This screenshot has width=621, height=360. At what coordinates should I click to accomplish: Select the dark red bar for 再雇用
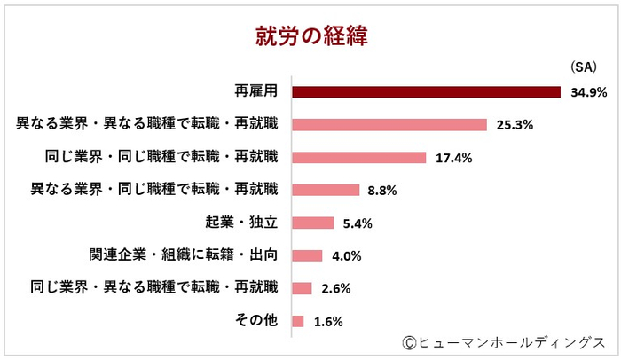pyautogui.click(x=426, y=91)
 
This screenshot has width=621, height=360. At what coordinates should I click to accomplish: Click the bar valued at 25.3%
pyautogui.click(x=389, y=124)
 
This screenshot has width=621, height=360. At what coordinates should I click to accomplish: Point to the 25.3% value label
pyautogui.click(x=514, y=125)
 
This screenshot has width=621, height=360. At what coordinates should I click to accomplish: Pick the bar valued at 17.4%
pyautogui.click(x=358, y=157)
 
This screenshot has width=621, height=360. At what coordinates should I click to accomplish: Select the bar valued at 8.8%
pyautogui.click(x=325, y=190)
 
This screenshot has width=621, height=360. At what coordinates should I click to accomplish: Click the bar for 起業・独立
pyautogui.click(x=312, y=223)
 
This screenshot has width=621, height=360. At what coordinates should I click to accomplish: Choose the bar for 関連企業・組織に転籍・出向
pyautogui.click(x=307, y=255)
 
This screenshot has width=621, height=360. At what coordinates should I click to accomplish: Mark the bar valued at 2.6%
pyautogui.click(x=302, y=288)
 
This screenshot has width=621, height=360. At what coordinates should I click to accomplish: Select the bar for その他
pyautogui.click(x=297, y=321)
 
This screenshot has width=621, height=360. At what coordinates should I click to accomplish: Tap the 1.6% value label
pyautogui.click(x=328, y=322)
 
